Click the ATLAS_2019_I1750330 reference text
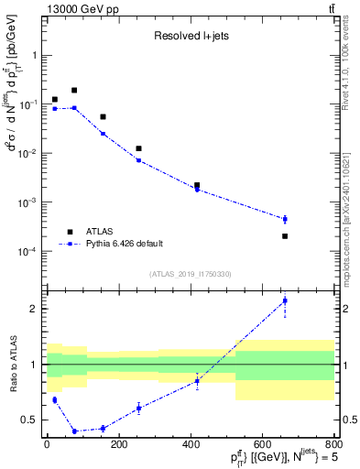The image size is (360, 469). coord(190,274)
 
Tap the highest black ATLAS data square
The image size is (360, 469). coord(74,91)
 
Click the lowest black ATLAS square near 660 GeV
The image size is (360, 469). coord(285,236)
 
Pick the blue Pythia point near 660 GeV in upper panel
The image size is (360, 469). coord(285,219)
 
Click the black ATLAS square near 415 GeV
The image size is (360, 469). coord(197,185)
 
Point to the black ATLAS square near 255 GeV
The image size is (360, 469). coord(138,148)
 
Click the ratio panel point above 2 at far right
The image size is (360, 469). coord(285,300)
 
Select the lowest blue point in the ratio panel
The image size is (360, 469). coord(74,431)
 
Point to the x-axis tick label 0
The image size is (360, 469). coord(47,445)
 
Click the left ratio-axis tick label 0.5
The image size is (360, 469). coord(33,420)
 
